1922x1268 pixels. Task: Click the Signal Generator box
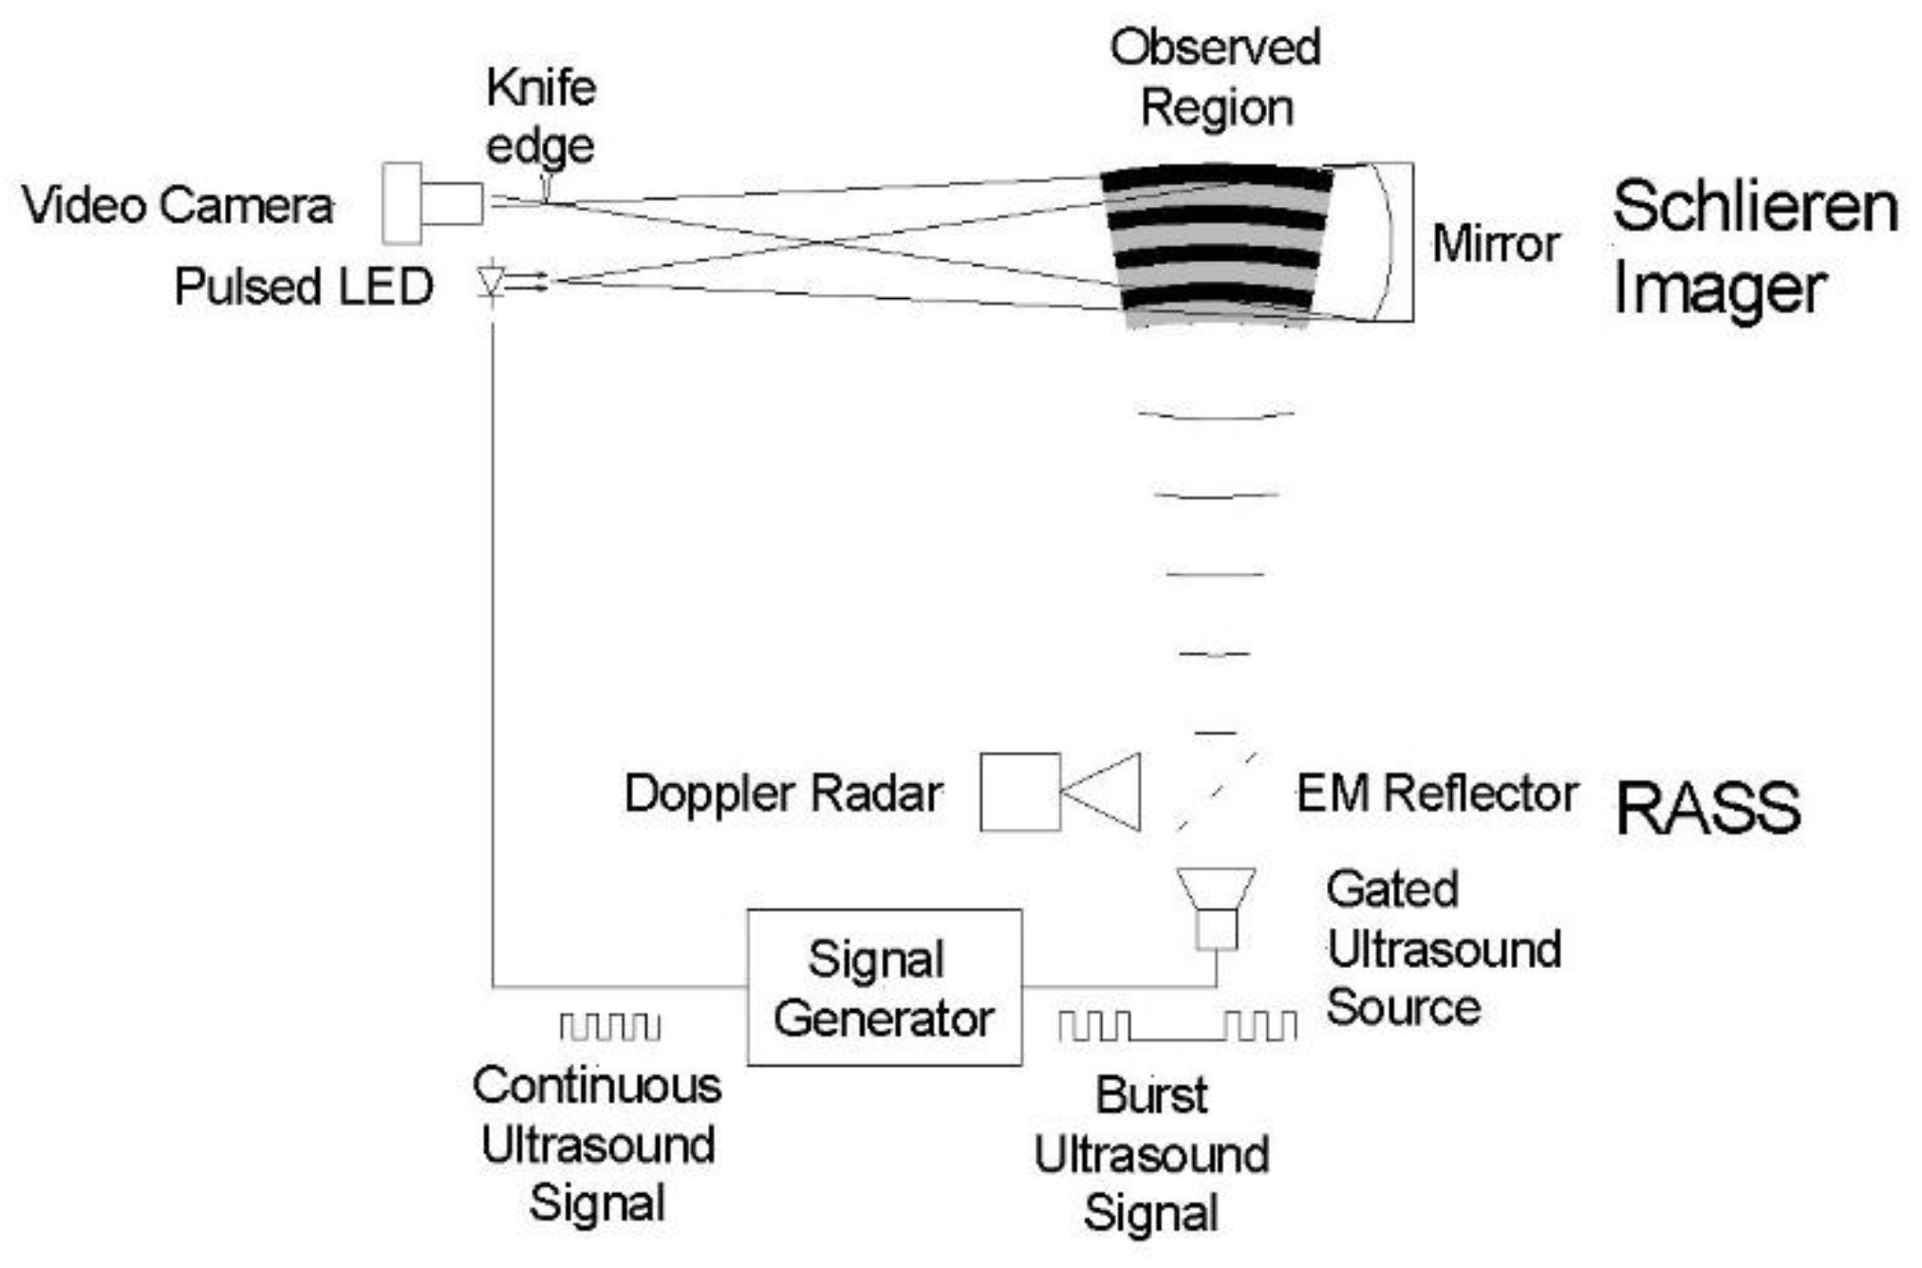coord(884,987)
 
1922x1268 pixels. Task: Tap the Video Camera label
coord(177,205)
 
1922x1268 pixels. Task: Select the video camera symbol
coord(432,203)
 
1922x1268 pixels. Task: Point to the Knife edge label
coord(540,117)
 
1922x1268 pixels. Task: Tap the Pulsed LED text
coord(304,286)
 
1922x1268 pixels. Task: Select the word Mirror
coord(1496,244)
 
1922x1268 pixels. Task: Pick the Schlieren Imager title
coord(1754,246)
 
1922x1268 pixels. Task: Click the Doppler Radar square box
coord(1019,792)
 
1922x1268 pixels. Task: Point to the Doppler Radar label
coord(783,792)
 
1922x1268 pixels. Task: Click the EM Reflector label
coord(1437,792)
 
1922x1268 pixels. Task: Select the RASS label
coord(1707,809)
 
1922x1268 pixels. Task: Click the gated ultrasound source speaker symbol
coord(1216,906)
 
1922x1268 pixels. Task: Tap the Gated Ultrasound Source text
coord(1443,948)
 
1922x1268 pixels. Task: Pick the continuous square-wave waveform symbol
coord(609,1026)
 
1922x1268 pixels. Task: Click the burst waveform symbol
coord(1177,1025)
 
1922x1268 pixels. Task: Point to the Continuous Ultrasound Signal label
coord(597,1144)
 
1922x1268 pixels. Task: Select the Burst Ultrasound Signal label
coord(1151,1154)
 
